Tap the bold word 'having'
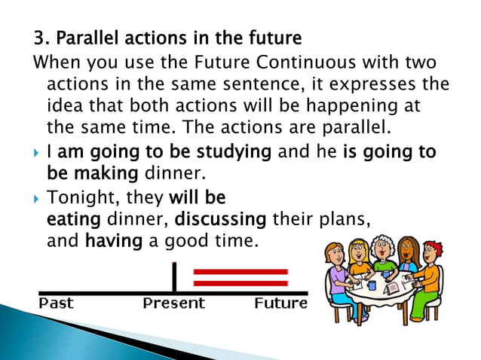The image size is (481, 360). coord(111,242)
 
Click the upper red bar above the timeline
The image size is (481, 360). coord(240,272)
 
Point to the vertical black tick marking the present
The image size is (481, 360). coord(174,276)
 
